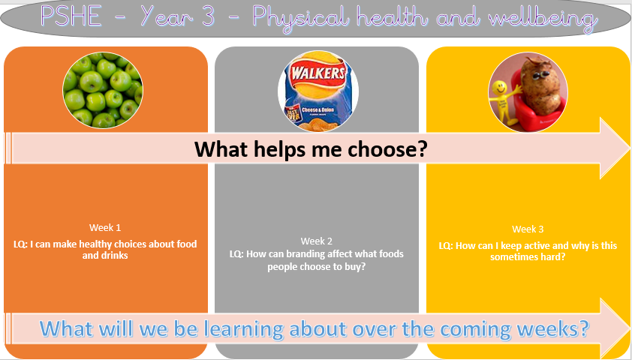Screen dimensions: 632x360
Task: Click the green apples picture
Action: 103,90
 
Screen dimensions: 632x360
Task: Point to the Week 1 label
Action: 105,227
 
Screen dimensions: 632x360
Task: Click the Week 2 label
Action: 317,241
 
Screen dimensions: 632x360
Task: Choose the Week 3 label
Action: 528,229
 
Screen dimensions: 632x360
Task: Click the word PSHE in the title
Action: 71,17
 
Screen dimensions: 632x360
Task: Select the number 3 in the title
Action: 208,17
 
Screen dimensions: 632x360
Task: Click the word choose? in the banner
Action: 387,150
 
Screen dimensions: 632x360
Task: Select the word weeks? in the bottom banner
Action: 552,329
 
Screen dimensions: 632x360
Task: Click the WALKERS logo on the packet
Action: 318,73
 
